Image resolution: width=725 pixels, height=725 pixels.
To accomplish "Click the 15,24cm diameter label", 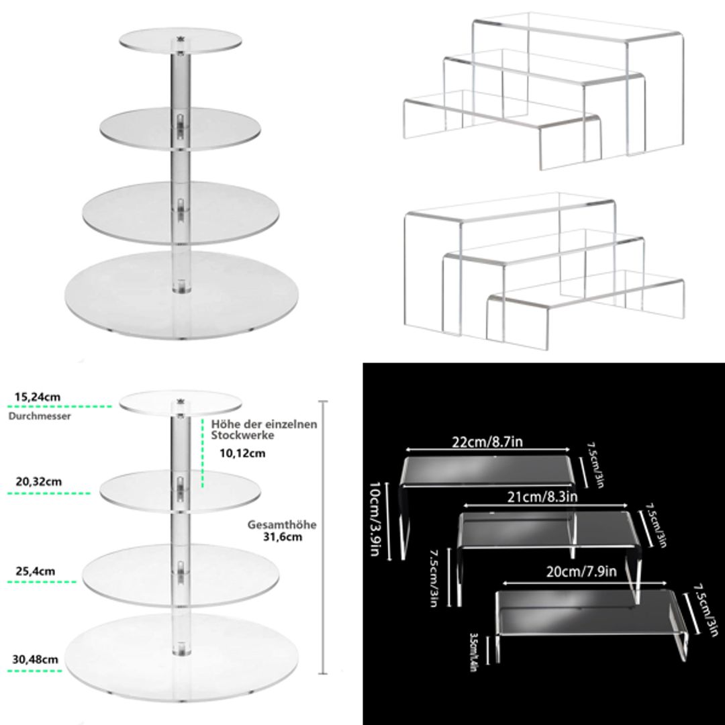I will pyautogui.click(x=38, y=397).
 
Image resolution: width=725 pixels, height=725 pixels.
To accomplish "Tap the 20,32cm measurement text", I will pyautogui.click(x=38, y=481).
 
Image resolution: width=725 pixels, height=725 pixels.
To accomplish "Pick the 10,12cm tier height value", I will pyautogui.click(x=242, y=453).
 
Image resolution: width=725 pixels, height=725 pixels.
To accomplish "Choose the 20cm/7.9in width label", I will pyautogui.click(x=581, y=571).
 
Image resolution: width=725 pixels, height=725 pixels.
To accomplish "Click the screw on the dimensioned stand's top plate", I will pyautogui.click(x=180, y=401).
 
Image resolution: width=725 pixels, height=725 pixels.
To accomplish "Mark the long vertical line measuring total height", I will pyautogui.click(x=325, y=537).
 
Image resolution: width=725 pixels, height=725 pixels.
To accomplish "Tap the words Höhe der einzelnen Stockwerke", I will pyautogui.click(x=264, y=430).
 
